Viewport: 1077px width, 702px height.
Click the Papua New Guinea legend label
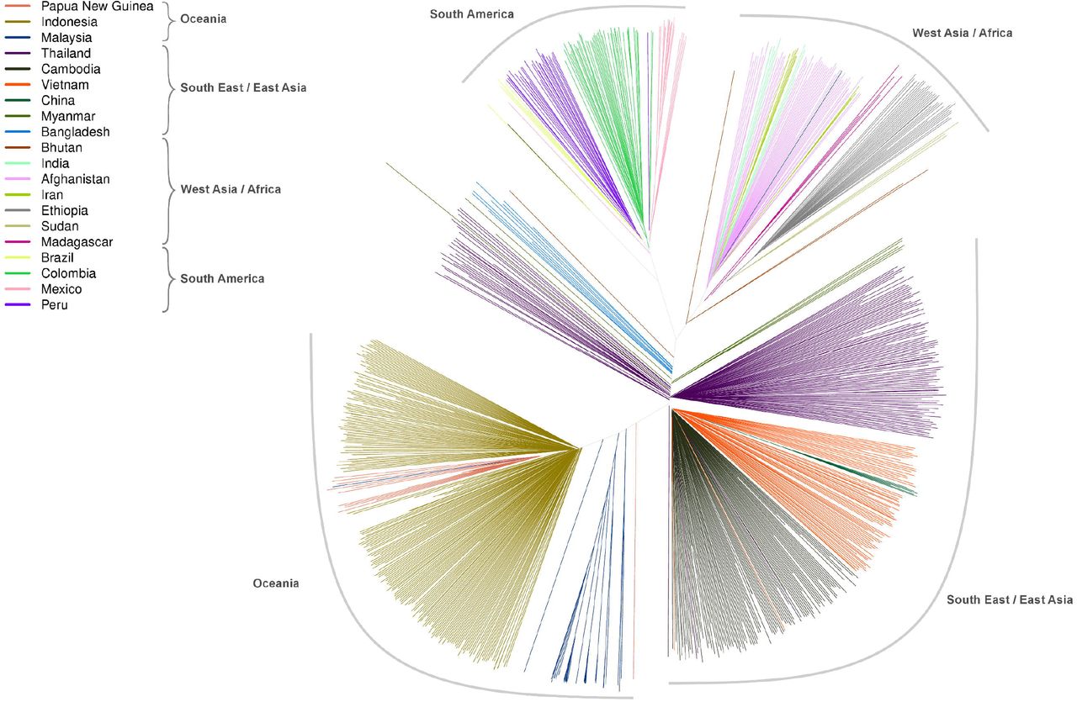97,6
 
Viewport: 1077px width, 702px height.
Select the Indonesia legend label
69,22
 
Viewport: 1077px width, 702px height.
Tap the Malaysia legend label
66,38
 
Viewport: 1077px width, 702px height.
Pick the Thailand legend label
66,54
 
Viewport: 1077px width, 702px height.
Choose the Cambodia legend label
71,69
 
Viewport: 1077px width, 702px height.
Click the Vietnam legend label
65,85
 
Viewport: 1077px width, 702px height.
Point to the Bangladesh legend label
75,132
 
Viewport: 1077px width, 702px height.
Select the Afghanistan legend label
75,179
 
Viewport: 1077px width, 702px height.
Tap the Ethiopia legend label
64,210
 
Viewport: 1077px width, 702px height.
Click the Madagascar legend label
77,242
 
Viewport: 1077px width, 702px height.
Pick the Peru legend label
55,305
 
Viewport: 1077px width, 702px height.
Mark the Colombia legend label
68,273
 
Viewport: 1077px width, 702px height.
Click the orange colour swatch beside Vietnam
19,85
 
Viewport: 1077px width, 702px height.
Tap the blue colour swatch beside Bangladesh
19,132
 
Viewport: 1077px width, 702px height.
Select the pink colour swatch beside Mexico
19,289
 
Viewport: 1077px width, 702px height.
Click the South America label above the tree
471,14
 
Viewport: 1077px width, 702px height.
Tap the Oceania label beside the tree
276,583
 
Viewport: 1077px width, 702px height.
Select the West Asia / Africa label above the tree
962,33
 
